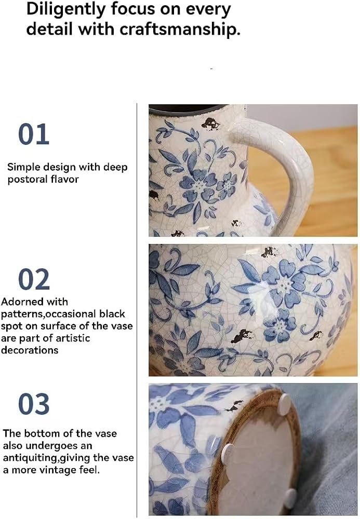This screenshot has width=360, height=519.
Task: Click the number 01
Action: (34, 134)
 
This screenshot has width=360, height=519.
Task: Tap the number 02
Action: (34, 279)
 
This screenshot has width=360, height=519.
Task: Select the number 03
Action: (34, 404)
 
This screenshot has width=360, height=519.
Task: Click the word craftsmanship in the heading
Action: (180, 30)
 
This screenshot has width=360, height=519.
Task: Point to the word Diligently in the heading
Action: (65, 10)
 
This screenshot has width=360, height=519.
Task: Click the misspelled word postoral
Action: (28, 180)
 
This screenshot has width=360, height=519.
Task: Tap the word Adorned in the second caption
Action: (19, 302)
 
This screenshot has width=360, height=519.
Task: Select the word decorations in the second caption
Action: (30, 350)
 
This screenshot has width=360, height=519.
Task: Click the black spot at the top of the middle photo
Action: (270, 253)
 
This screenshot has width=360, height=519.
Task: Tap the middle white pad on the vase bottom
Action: (228, 453)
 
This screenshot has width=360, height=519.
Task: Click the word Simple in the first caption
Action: (22, 168)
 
